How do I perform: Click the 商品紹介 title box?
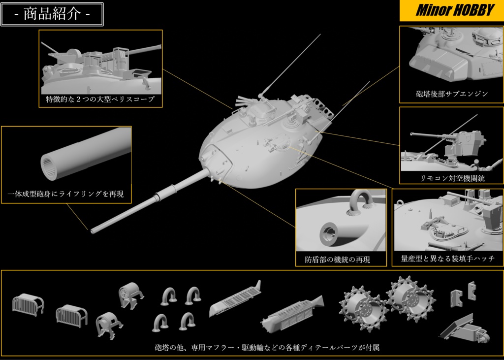pos(52,14)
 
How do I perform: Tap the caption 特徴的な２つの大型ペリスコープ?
pos(100,99)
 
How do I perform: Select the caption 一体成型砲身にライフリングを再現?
pos(66,195)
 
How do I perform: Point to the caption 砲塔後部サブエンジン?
pos(451,94)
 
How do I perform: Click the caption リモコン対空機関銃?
pos(451,178)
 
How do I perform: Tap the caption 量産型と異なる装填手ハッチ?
pos(448,259)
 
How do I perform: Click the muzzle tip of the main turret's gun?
pos(92,229)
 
